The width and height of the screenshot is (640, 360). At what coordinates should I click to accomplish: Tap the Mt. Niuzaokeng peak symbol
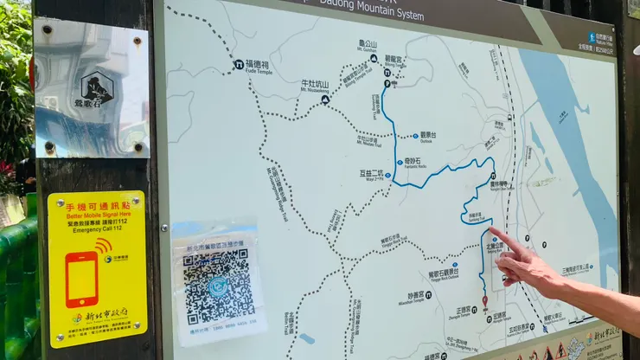(325, 100)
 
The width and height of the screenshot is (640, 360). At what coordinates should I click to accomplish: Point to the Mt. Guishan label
(368, 43)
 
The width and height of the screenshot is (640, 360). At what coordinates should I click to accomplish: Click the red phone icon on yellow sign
(82, 279)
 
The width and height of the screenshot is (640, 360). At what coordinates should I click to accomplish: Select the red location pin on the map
(484, 302)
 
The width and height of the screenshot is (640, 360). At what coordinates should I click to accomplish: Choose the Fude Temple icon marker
(239, 65)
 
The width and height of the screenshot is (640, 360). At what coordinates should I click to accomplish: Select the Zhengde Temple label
(464, 309)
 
